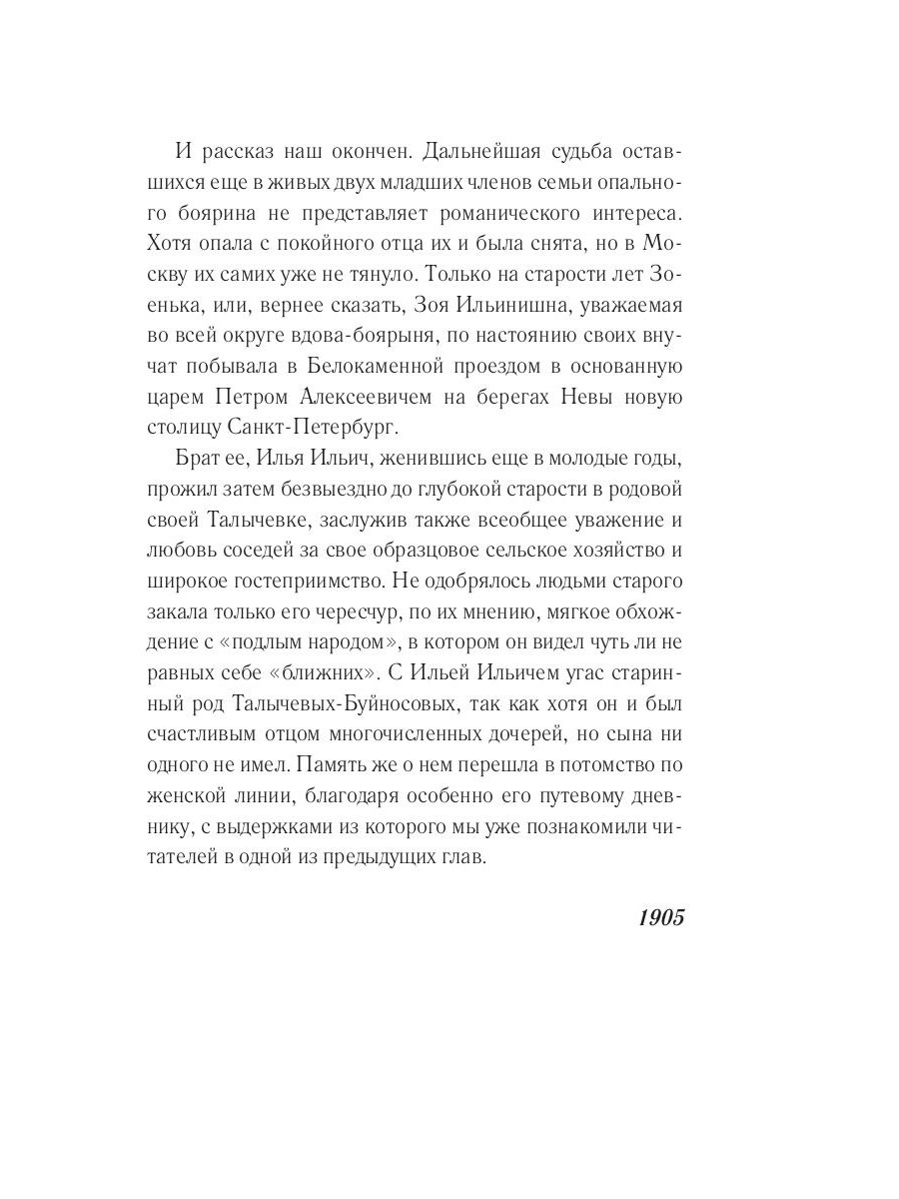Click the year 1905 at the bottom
660,918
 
